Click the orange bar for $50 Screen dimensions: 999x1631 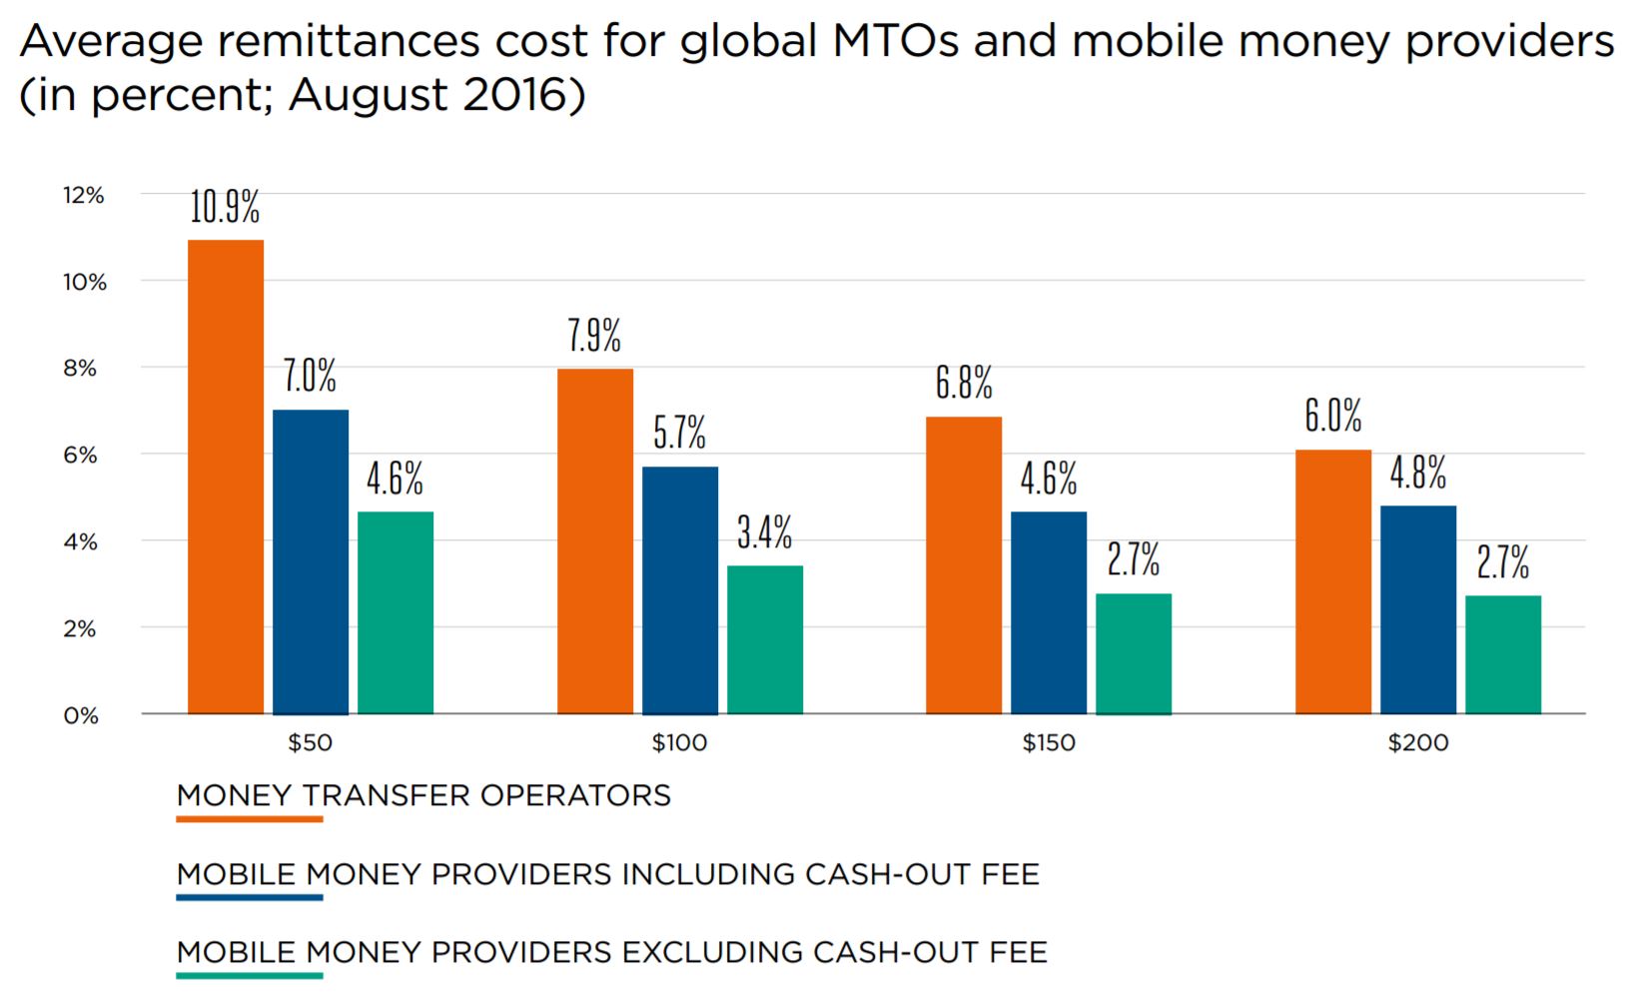(226, 477)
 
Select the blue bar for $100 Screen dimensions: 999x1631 (679, 589)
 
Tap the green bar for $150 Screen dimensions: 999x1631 (1133, 653)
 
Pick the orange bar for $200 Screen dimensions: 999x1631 (1332, 581)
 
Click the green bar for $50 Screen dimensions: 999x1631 (396, 612)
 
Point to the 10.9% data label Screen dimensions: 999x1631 (225, 207)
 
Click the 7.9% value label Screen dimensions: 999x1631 (594, 336)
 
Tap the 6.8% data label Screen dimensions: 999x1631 (964, 384)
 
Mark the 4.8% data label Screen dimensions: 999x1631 (1417, 473)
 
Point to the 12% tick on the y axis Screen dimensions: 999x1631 (83, 196)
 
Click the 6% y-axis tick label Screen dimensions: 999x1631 (80, 456)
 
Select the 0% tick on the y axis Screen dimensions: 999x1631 (80, 716)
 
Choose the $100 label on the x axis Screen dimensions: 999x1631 (679, 743)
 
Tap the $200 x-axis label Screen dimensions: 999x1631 (1417, 743)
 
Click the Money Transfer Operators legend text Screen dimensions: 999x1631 (423, 796)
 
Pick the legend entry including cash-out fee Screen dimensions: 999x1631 (607, 875)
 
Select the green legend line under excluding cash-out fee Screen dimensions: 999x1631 (250, 975)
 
